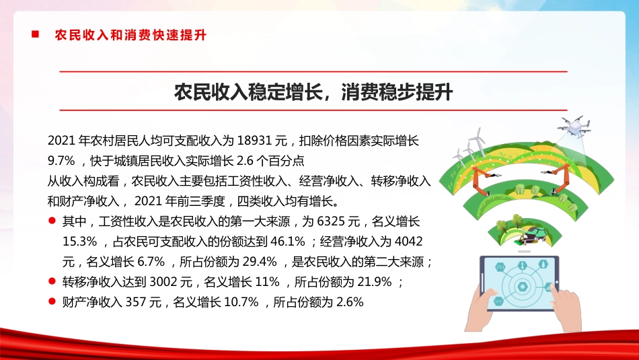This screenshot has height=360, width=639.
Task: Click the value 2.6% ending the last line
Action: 348,302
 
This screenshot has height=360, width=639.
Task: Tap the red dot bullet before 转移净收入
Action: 52,281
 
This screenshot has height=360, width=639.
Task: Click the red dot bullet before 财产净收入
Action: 52,301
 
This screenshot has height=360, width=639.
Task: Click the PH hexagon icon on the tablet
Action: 500,268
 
